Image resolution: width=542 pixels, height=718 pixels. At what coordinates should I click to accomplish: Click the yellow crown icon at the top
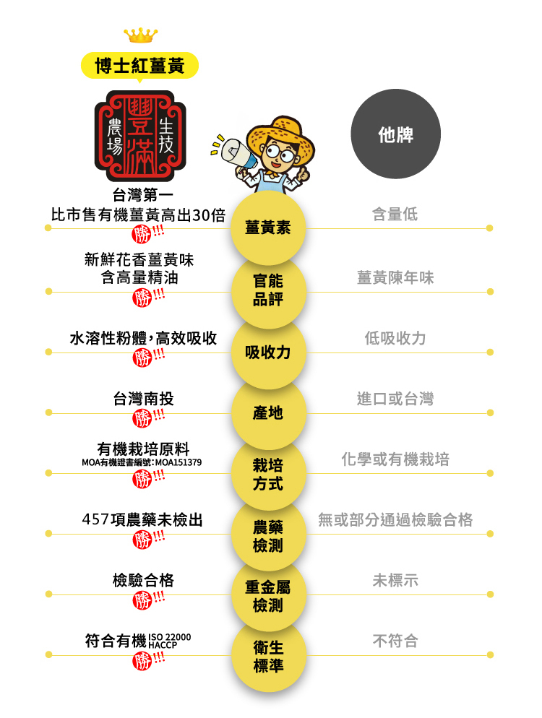[140, 35]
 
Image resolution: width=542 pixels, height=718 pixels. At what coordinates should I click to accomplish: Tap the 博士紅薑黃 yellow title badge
[140, 66]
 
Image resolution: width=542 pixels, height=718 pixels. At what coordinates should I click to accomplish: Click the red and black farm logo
[140, 136]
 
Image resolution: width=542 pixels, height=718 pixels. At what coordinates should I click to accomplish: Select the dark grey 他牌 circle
[395, 134]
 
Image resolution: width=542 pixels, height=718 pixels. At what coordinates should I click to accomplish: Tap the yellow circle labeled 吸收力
[268, 352]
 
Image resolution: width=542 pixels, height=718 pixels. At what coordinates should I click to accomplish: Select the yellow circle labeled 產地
[268, 413]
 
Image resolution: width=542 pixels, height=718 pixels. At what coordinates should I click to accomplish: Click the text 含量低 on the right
[395, 215]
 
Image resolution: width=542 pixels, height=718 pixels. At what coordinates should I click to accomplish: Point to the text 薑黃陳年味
[395, 277]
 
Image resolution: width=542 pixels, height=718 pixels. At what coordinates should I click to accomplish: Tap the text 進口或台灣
[395, 399]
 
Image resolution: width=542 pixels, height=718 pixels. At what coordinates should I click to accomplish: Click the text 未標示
[395, 580]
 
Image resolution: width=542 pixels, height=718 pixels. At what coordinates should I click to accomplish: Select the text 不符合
[395, 641]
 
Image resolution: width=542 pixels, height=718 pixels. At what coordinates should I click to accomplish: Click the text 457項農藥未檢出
[142, 519]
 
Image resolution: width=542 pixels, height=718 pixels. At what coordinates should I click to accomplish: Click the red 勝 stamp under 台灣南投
[143, 418]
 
